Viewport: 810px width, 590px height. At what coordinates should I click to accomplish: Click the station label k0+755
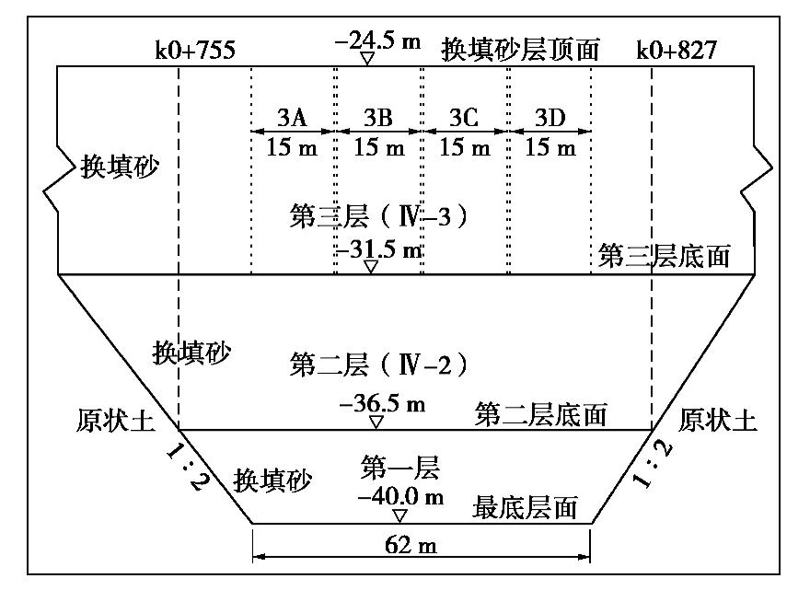click(x=195, y=50)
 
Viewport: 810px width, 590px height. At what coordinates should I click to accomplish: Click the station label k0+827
click(x=677, y=50)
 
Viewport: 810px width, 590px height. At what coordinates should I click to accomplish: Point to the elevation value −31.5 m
click(x=379, y=249)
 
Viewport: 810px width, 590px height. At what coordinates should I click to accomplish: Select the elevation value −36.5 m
click(x=383, y=404)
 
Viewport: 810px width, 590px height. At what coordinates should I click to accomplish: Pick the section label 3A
click(x=291, y=117)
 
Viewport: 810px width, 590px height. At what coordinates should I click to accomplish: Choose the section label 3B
click(x=377, y=117)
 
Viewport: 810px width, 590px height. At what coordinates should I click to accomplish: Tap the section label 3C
click(x=464, y=117)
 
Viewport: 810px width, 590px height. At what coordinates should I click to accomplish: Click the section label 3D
click(x=550, y=117)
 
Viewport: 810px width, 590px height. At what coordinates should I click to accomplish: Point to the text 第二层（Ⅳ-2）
click(x=378, y=364)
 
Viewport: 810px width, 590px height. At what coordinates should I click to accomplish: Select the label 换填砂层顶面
click(x=520, y=49)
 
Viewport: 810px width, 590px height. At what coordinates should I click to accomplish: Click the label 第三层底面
click(x=664, y=256)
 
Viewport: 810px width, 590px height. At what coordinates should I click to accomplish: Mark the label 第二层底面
click(x=541, y=415)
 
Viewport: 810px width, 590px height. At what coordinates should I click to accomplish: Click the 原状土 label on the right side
click(x=717, y=422)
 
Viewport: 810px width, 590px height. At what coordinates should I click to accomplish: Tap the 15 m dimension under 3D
click(x=550, y=146)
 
